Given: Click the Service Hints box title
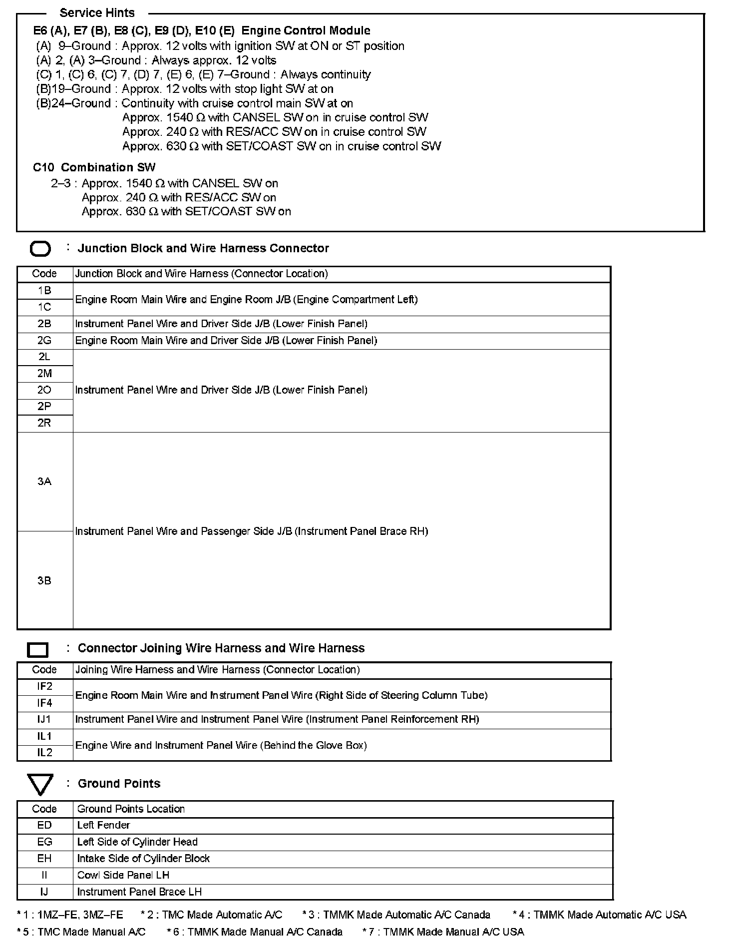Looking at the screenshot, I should pos(97,12).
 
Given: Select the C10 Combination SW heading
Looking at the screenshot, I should pos(94,167).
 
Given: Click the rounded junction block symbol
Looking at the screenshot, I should pos(40,249).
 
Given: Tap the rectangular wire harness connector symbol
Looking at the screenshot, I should pos(37,649).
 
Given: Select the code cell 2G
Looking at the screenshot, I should pos(44,341).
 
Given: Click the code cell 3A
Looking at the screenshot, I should pos(44,481).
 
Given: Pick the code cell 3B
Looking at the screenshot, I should pos(44,580).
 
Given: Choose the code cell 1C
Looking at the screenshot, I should pos(44,307).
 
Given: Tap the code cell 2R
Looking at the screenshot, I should pos(44,423).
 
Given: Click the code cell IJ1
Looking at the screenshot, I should pos(44,719).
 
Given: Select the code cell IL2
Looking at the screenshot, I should pos(44,752).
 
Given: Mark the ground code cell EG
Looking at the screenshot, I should pos(44,842).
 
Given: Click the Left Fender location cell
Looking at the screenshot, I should pos(103,825).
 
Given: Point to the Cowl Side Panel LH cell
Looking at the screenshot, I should pos(123,875).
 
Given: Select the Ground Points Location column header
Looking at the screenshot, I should pos(131,809).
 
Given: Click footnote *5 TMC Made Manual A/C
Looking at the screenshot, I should pos(81,932).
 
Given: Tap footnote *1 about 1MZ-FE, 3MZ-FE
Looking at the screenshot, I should pos(70,915).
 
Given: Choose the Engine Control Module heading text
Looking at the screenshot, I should pos(306,30).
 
